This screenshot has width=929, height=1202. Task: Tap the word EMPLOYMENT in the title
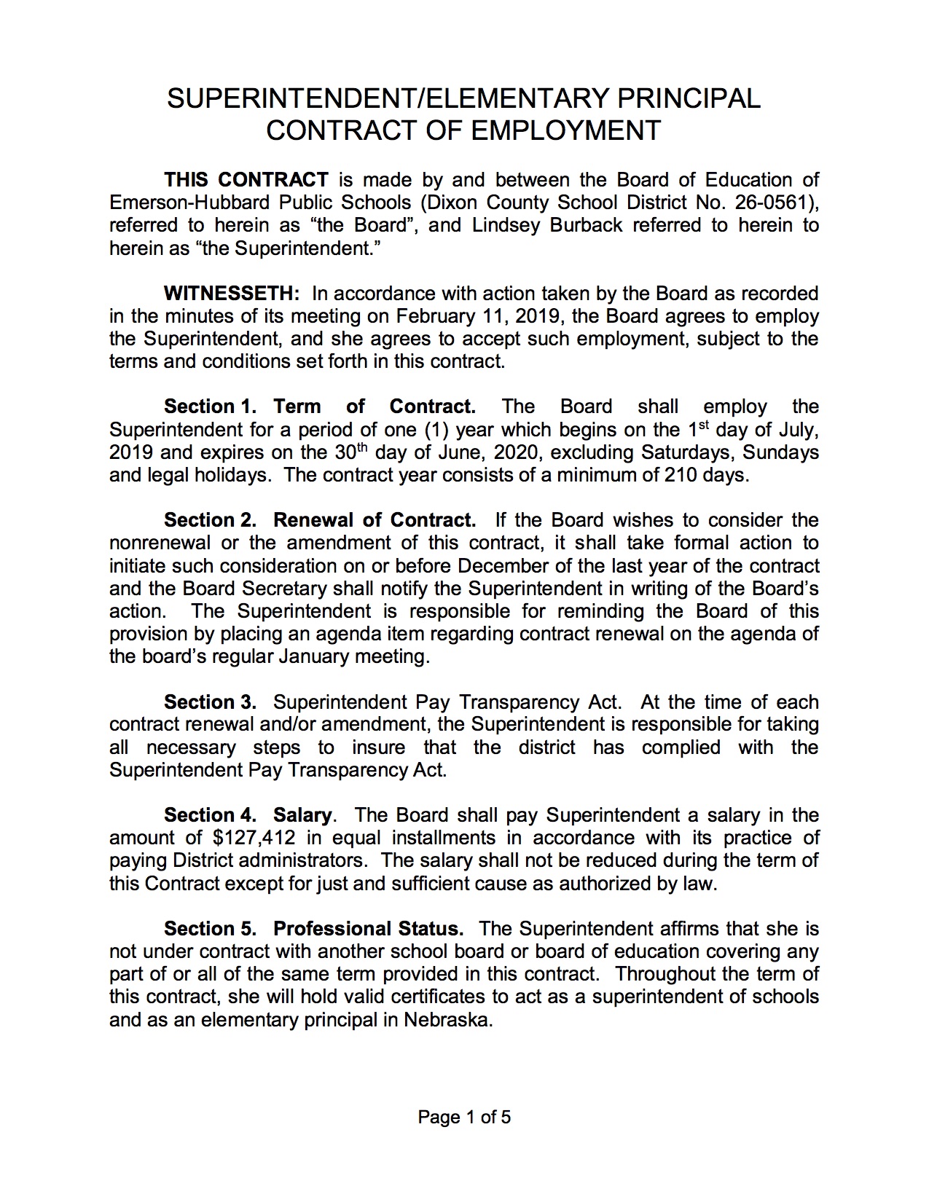(565, 130)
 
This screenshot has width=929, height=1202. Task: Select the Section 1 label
(210, 406)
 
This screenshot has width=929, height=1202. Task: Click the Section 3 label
(210, 702)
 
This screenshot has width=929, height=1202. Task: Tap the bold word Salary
(302, 815)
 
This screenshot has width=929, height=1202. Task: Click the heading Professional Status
(368, 929)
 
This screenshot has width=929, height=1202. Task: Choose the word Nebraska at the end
(447, 1020)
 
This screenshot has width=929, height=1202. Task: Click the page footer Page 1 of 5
(464, 1117)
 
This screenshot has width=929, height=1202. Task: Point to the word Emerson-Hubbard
(179, 203)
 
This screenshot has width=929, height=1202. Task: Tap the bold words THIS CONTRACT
(246, 180)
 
